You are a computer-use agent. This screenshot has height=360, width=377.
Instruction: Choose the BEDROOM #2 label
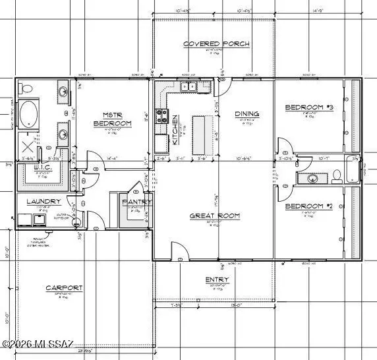308,206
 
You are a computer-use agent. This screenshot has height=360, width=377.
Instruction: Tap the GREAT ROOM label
215,216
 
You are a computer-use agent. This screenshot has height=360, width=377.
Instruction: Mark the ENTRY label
217,280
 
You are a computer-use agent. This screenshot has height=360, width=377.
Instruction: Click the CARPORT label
64,288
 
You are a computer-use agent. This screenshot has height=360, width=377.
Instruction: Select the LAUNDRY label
43,201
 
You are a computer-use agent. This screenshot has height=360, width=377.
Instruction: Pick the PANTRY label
137,202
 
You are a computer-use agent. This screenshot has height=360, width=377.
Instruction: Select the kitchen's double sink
188,86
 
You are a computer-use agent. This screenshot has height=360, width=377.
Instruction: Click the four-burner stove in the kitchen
161,117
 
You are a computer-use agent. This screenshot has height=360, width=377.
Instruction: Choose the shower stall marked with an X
28,144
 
